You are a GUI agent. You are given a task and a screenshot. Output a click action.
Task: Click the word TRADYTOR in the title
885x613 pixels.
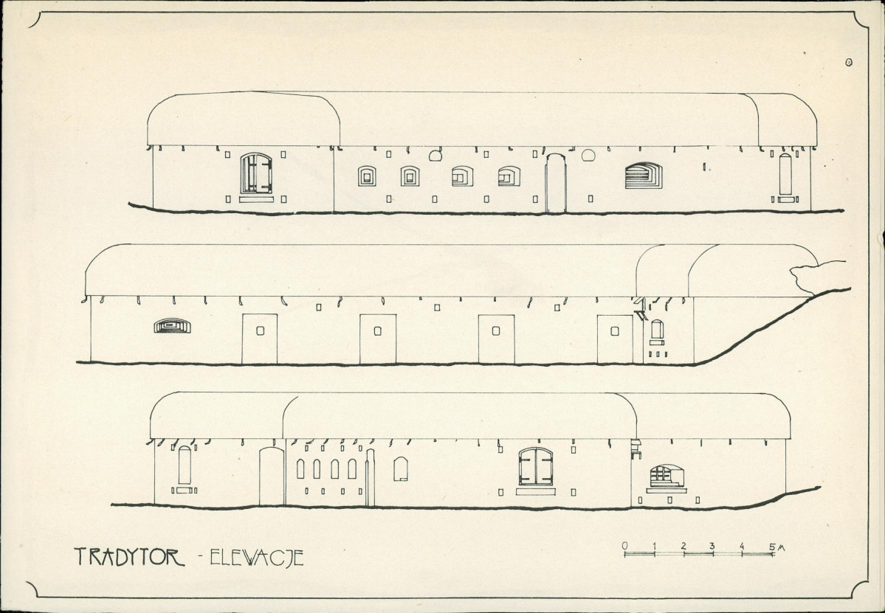(x=130, y=556)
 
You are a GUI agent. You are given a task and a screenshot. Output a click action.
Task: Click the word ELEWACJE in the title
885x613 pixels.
(x=256, y=557)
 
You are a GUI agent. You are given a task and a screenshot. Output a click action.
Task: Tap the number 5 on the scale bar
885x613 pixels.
(x=771, y=547)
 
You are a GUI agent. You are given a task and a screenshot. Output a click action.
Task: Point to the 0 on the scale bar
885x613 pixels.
(x=625, y=547)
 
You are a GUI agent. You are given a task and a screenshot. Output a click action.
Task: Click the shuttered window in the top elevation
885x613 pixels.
(x=256, y=173)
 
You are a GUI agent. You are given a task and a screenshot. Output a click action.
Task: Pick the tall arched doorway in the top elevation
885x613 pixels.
(x=556, y=184)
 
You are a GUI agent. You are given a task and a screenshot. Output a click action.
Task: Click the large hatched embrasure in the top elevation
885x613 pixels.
(x=644, y=176)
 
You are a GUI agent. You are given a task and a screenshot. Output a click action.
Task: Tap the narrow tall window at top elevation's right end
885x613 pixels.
(x=785, y=174)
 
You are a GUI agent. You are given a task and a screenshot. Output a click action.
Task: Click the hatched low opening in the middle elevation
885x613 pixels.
(x=171, y=325)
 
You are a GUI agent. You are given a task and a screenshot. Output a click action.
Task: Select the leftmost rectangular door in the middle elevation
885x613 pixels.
(x=260, y=339)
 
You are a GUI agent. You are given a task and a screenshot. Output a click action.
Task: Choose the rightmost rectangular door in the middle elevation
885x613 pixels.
(x=615, y=339)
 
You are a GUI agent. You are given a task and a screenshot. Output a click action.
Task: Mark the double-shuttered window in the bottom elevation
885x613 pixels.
(x=536, y=466)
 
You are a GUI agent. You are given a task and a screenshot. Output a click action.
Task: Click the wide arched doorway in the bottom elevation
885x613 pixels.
(x=272, y=477)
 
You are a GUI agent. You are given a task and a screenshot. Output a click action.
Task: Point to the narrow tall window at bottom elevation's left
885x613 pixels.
(x=185, y=465)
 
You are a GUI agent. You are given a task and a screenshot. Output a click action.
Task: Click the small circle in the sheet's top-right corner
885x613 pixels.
(x=850, y=64)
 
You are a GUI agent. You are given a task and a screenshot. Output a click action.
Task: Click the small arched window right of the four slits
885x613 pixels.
(x=401, y=468)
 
